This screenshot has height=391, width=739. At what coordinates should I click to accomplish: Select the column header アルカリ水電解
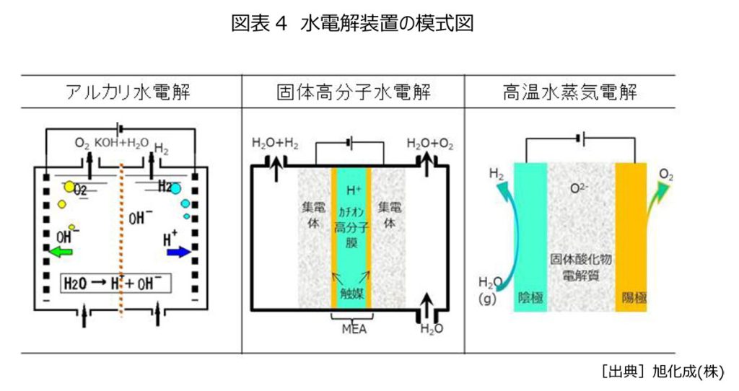129,92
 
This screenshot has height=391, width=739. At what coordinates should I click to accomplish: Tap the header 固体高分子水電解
353,92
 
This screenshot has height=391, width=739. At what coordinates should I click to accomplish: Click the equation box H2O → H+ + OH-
115,284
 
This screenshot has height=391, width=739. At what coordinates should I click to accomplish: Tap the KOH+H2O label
123,143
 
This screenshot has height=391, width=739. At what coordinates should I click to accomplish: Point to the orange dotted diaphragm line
121,238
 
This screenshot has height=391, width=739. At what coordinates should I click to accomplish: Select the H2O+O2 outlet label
430,144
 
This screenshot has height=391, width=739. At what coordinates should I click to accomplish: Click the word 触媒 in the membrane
350,294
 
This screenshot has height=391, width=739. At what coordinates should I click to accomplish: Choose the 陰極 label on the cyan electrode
530,296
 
